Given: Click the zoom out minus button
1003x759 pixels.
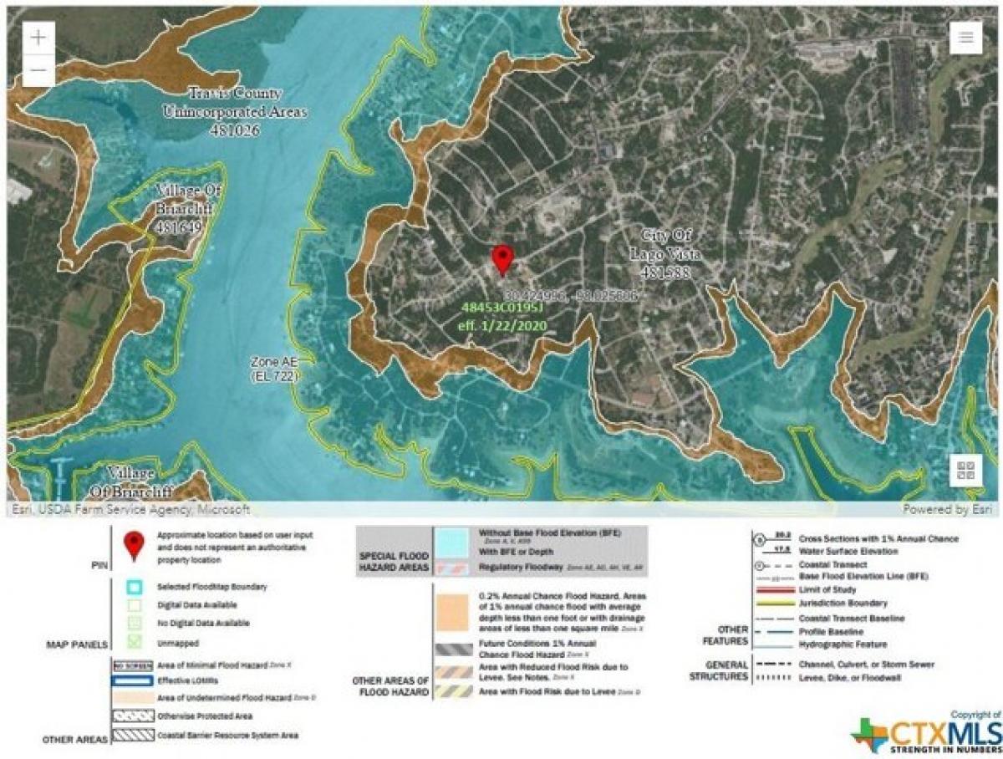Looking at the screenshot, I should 39,71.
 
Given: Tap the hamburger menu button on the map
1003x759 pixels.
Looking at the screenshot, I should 965,38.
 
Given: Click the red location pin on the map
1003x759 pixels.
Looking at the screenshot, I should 501,260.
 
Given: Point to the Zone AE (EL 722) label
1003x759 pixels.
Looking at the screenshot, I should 274,369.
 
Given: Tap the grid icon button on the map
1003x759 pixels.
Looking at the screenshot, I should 965,470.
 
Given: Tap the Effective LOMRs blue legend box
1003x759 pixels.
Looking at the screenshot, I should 133,680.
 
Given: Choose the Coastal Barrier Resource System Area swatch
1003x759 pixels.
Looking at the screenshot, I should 133,736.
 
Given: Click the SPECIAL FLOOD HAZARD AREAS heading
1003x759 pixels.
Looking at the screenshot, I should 394,561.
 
